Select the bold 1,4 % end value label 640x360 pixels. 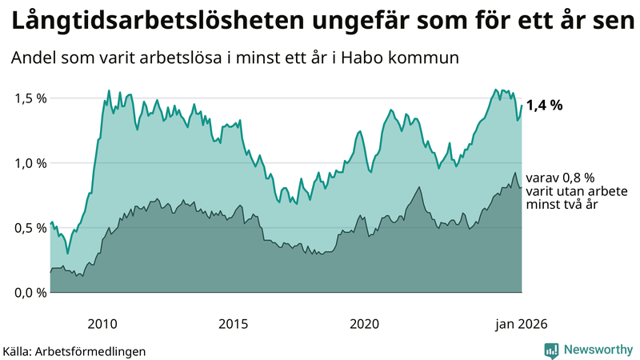point(545,106)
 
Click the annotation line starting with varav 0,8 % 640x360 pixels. point(560,178)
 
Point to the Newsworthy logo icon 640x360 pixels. point(551,350)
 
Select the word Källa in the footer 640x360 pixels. point(19,350)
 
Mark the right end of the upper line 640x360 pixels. point(522,106)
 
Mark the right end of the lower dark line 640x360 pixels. point(522,188)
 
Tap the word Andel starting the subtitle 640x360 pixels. point(34,58)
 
